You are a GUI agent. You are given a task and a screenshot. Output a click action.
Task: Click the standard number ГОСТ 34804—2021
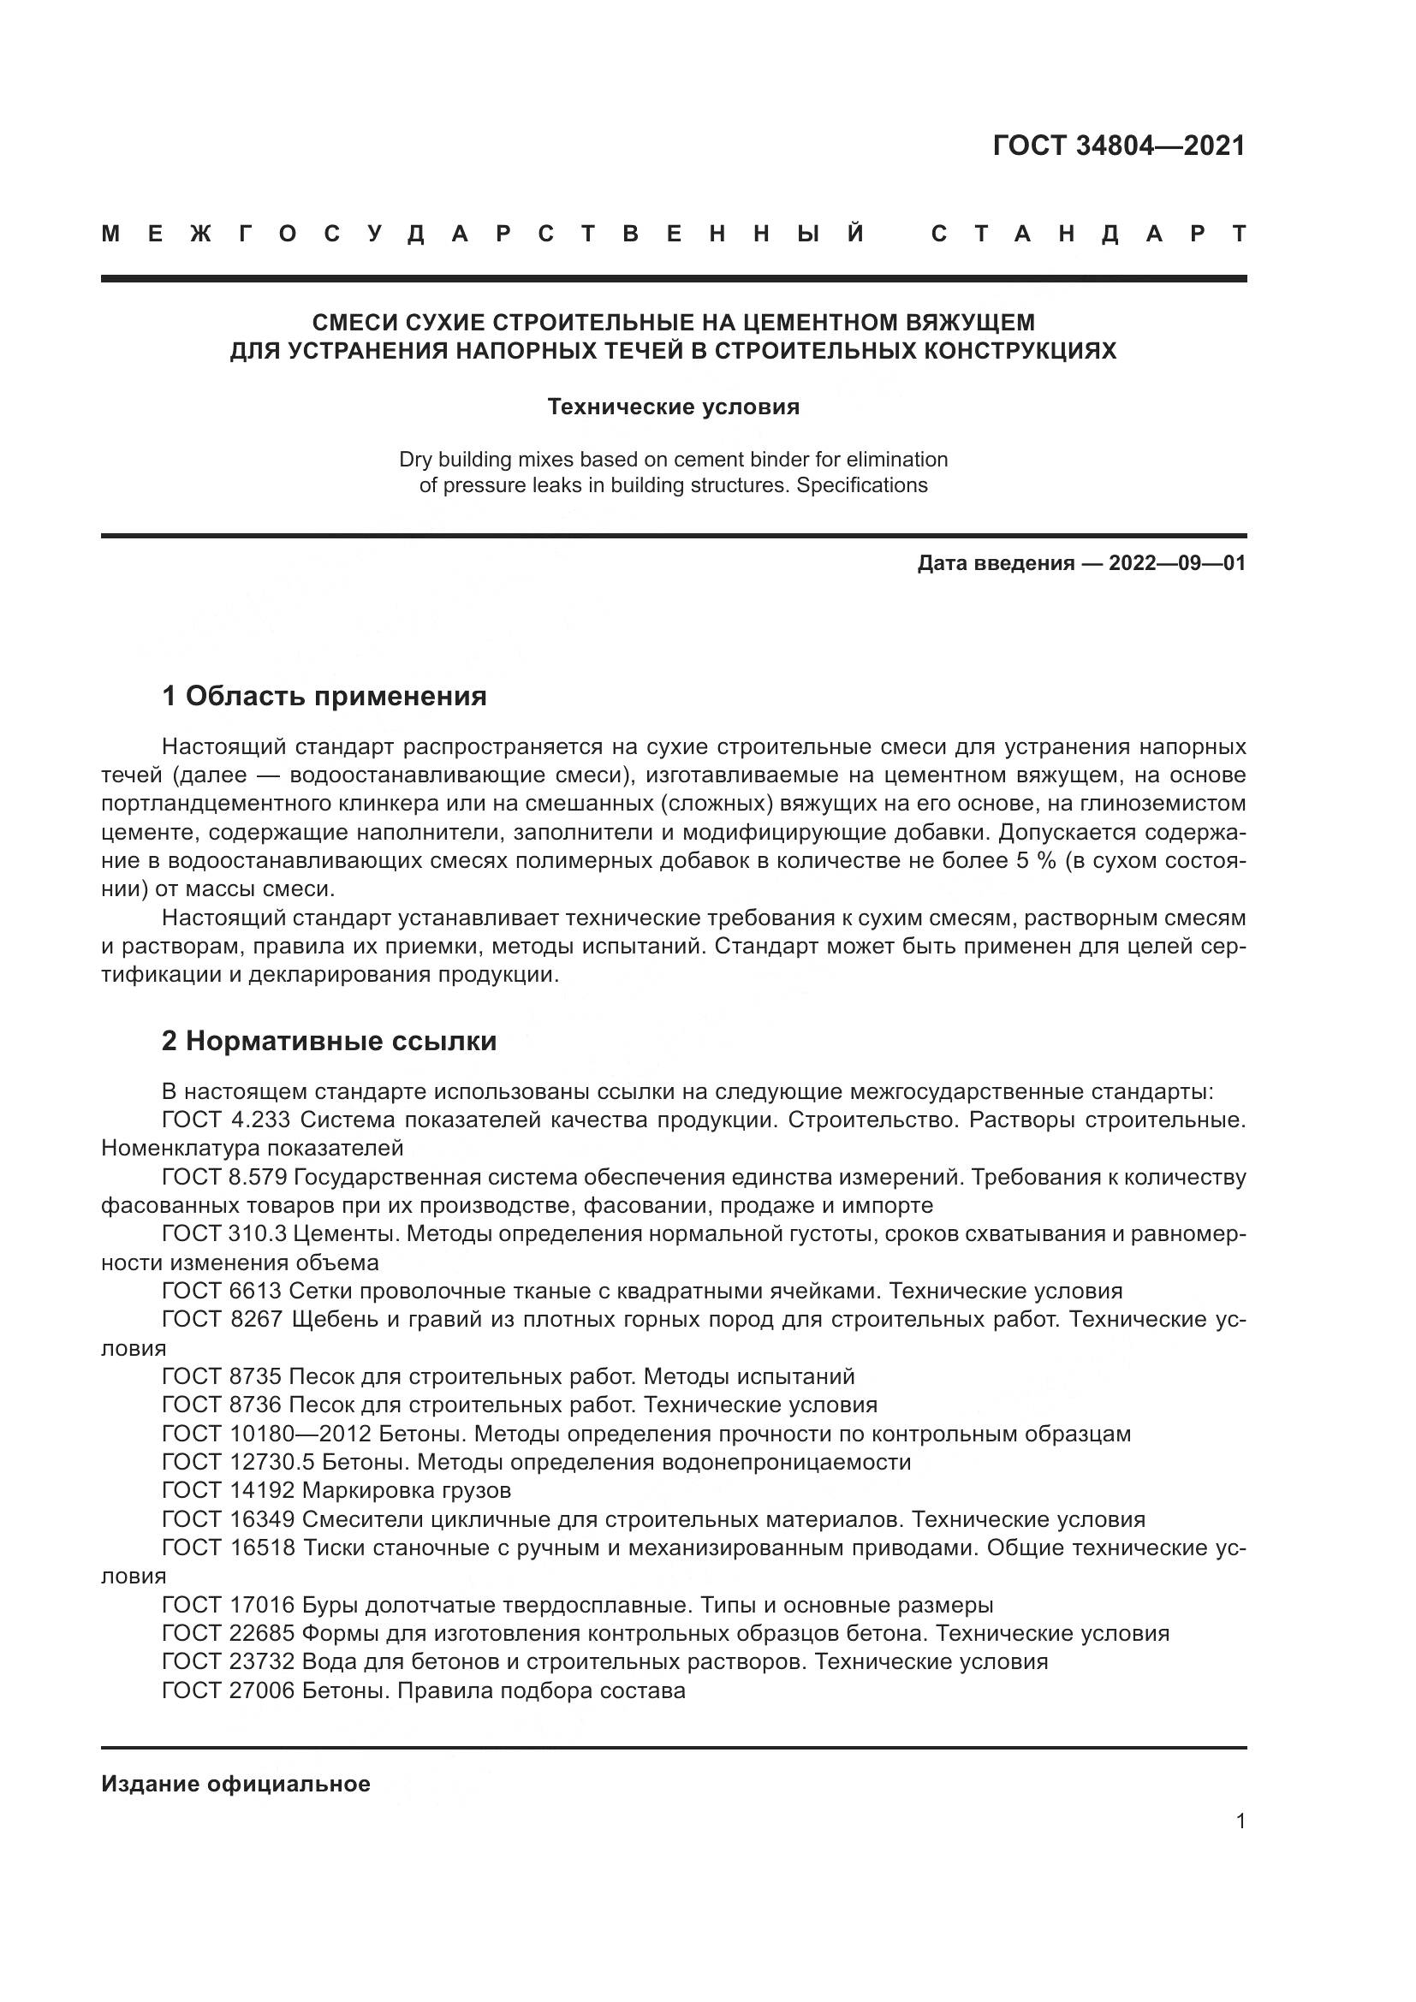[x=1119, y=146]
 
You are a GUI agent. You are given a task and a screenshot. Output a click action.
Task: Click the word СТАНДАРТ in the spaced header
[x=1088, y=235]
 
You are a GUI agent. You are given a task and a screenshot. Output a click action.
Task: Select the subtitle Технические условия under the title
[x=673, y=407]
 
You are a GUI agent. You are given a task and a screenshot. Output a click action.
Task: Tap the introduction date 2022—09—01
[x=1177, y=563]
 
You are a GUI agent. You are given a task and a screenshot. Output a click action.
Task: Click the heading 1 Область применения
[x=324, y=697]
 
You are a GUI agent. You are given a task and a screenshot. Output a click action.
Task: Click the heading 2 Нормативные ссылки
[x=329, y=1042]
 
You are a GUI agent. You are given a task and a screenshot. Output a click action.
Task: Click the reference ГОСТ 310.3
[x=224, y=1235]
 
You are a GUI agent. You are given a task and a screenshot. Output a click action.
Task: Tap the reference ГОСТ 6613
[x=222, y=1292]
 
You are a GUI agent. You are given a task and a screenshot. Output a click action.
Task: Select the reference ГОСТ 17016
[x=229, y=1605]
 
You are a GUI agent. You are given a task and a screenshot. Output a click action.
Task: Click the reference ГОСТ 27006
[x=229, y=1690]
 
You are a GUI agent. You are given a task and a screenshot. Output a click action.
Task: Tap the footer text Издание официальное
[x=235, y=1784]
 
